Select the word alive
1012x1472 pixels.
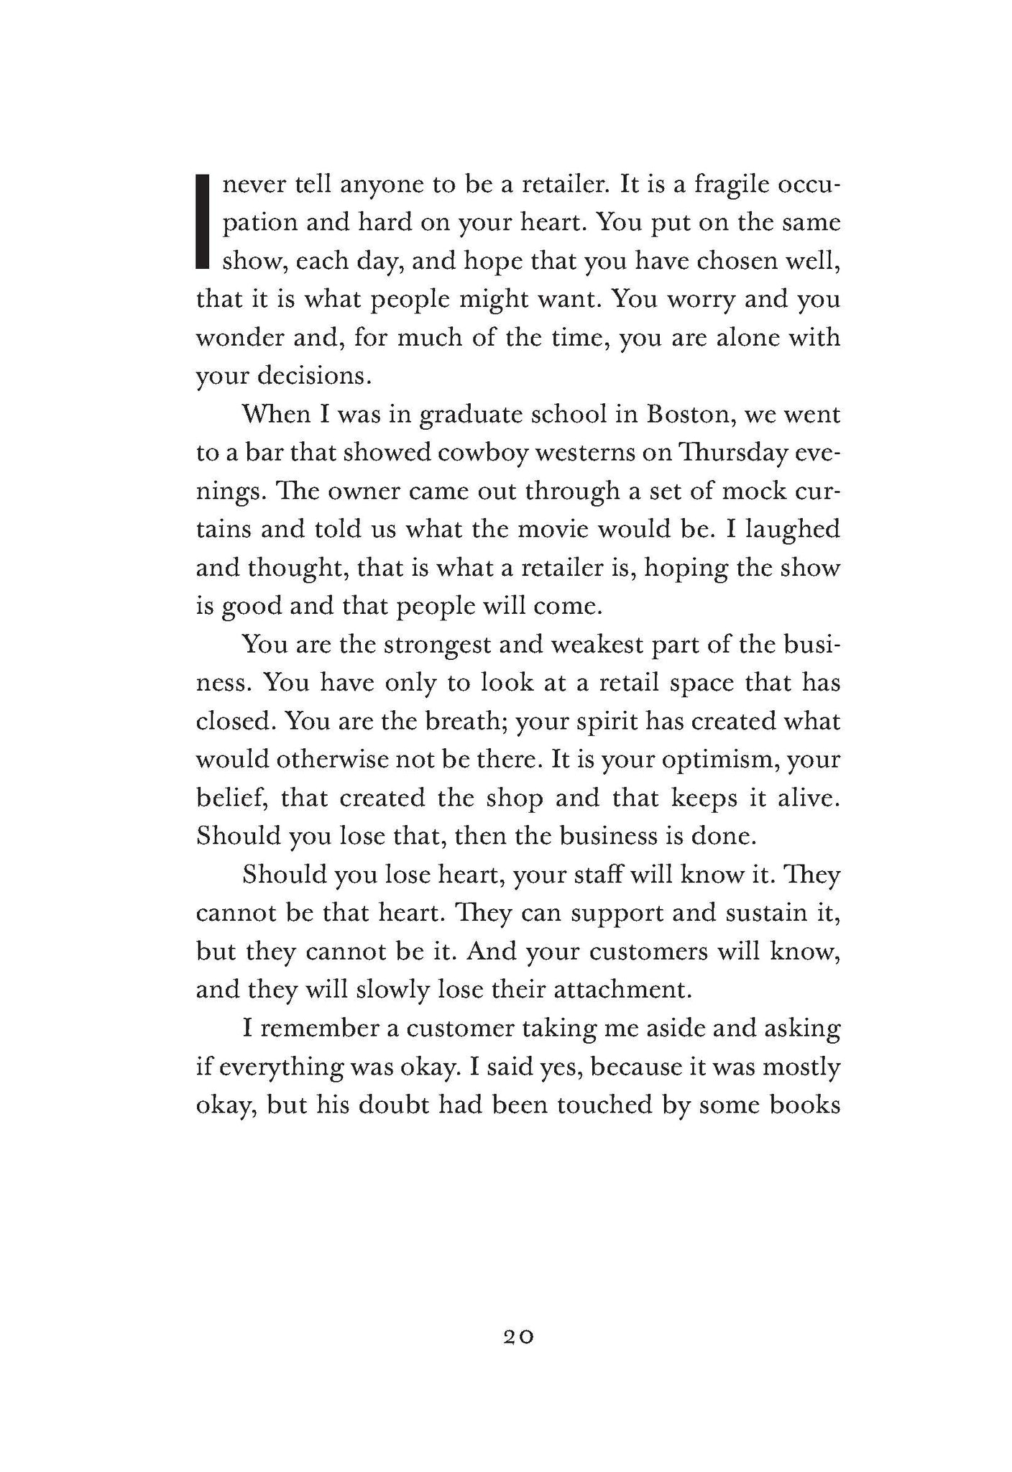(809, 797)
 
